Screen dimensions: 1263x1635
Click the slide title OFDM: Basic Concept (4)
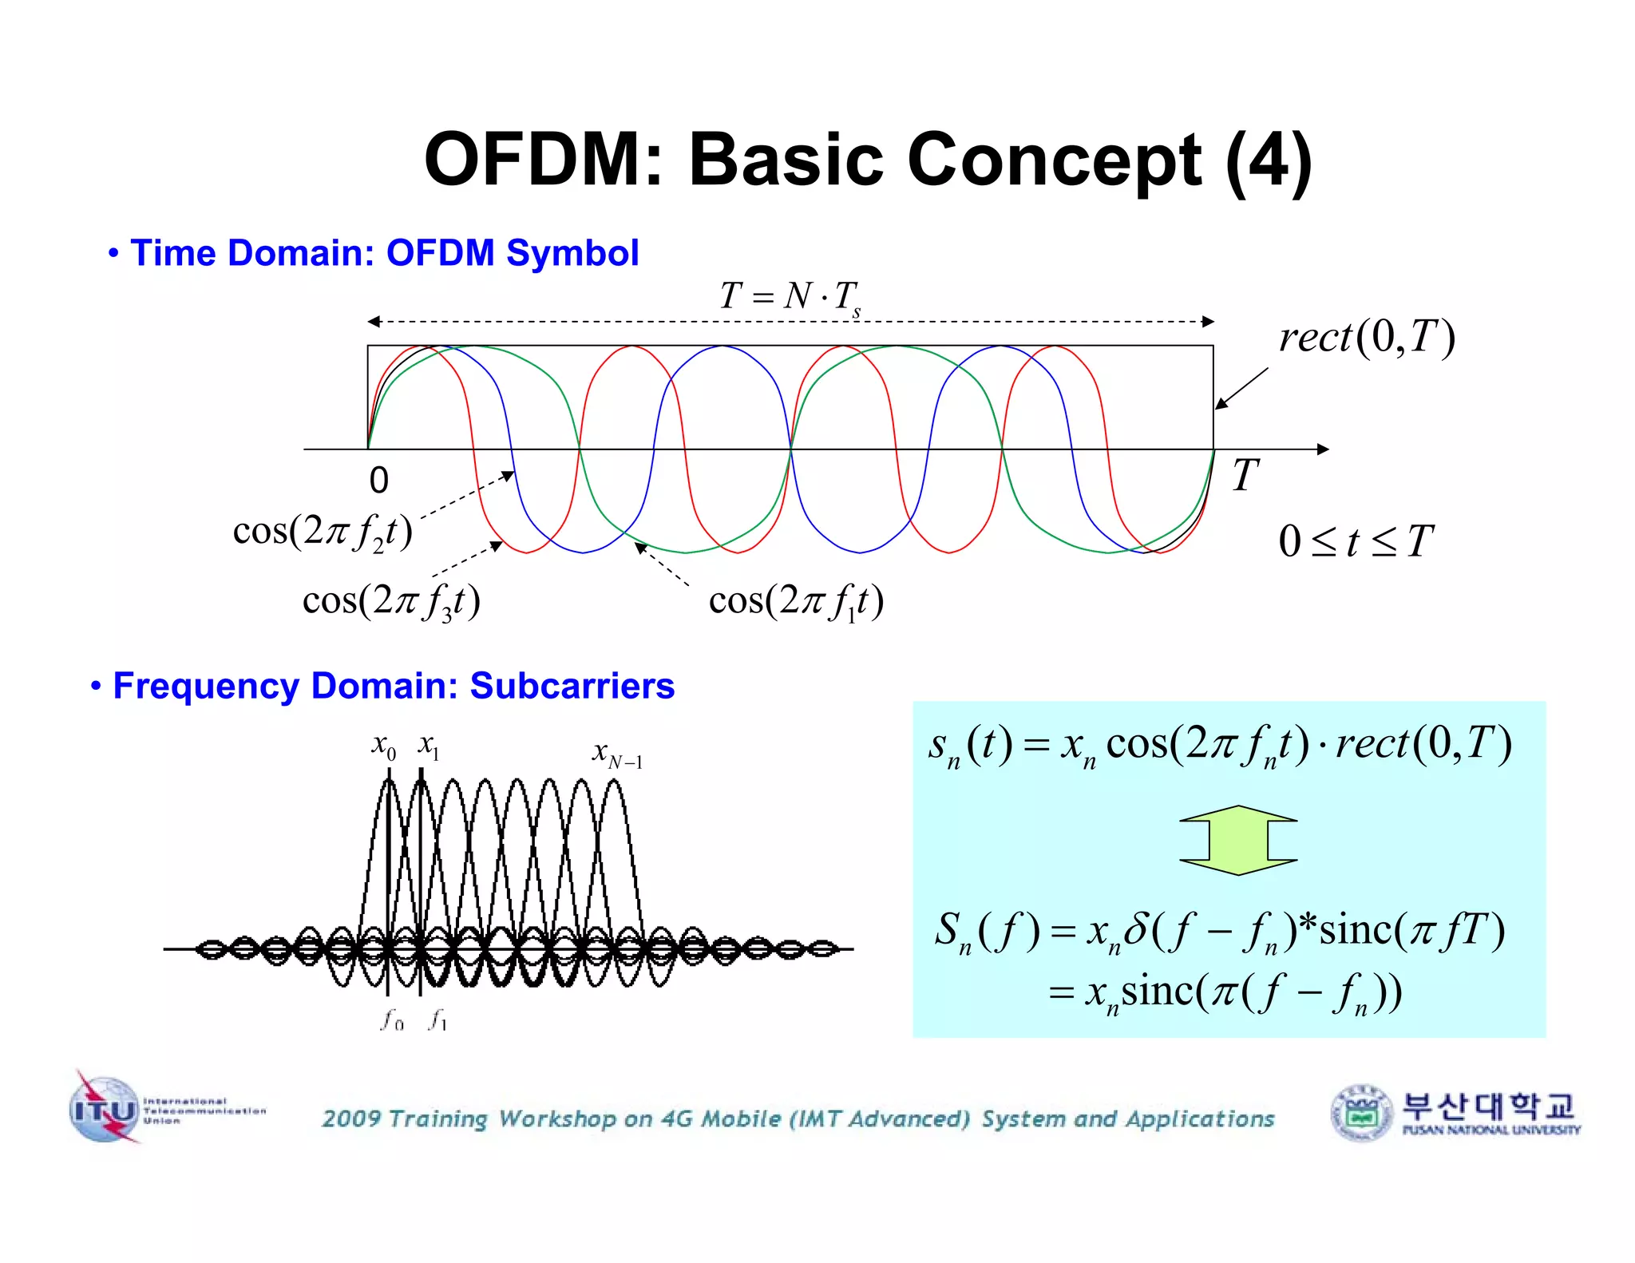point(868,160)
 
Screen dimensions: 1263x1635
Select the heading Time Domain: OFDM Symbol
point(384,253)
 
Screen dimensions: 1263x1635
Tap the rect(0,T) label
point(1367,337)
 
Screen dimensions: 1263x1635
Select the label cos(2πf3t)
point(391,601)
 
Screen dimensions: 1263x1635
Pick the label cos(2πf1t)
point(796,601)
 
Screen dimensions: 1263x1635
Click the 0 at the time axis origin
point(378,481)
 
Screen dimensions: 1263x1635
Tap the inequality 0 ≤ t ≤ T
point(1355,542)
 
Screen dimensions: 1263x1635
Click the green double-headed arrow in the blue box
point(1237,840)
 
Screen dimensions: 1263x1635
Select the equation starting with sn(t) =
point(1219,745)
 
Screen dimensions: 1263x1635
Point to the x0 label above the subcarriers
point(384,746)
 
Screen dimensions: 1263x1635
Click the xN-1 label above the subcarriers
point(616,753)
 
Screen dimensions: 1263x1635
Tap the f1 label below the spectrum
point(437,1020)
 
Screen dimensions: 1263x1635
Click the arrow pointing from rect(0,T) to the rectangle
point(1241,388)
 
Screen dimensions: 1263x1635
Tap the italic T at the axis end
point(1245,476)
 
